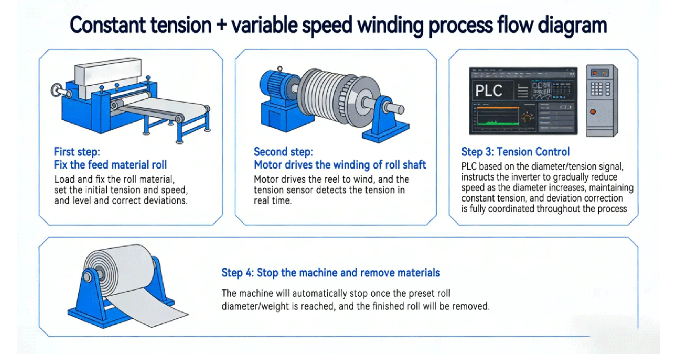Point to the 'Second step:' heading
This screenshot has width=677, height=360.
click(x=283, y=152)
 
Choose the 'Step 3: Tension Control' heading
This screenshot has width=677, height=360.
click(x=515, y=152)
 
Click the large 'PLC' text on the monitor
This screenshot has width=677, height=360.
click(x=489, y=90)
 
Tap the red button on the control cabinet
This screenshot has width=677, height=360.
click(x=592, y=111)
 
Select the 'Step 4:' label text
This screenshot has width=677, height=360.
click(x=236, y=273)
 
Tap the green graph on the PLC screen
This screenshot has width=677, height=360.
click(x=496, y=121)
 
